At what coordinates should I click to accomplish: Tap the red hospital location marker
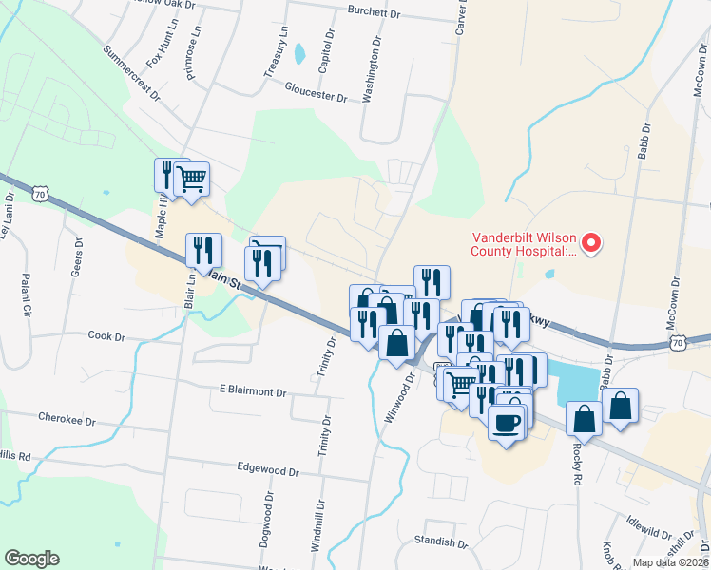[590, 243]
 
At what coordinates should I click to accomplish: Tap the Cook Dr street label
[106, 335]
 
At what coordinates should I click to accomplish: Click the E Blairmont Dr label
[253, 391]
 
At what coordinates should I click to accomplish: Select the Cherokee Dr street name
[67, 417]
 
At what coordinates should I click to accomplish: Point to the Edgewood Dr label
[268, 471]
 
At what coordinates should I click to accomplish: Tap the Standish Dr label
[441, 541]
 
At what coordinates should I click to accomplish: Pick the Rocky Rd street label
[577, 466]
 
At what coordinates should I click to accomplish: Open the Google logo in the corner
[31, 558]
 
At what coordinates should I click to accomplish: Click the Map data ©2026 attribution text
[670, 562]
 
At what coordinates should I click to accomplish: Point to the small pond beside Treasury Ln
[300, 53]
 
